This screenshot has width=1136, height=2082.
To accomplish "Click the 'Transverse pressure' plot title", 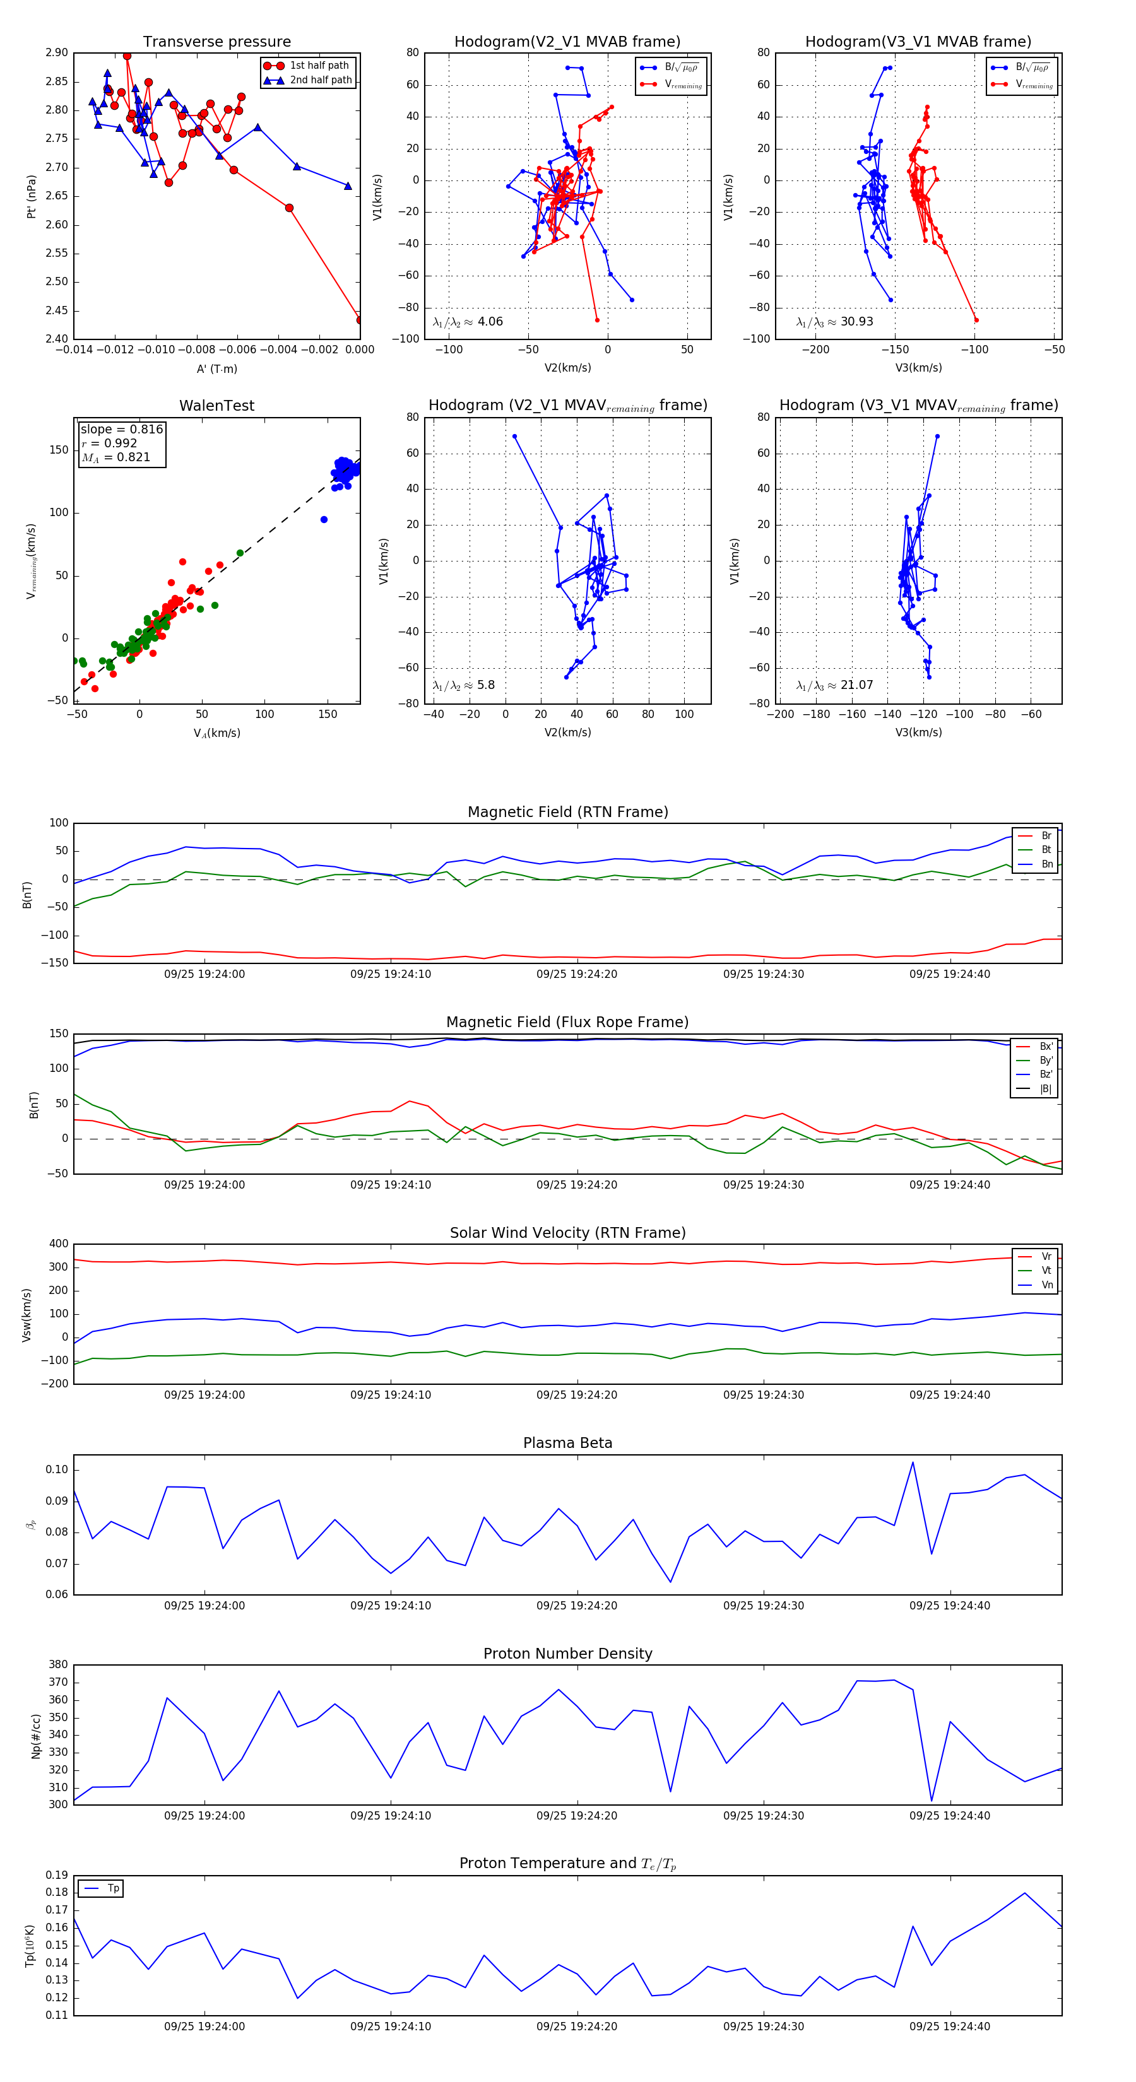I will pyautogui.click(x=216, y=42).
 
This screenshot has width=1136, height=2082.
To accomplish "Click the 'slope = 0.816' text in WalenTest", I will pyautogui.click(x=121, y=429).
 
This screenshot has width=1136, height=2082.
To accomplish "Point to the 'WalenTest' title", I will pyautogui.click(x=216, y=406).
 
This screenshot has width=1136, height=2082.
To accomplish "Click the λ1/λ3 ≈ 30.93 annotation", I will pyautogui.click(x=834, y=322).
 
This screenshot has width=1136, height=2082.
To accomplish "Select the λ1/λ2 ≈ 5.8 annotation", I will pyautogui.click(x=463, y=685).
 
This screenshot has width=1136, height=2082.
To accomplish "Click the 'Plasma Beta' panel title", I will pyautogui.click(x=567, y=1443).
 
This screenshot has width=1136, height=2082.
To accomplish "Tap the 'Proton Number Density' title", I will pyautogui.click(x=567, y=1654).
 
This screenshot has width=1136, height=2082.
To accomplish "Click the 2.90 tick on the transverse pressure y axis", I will pyautogui.click(x=57, y=52).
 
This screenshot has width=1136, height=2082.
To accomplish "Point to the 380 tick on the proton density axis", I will pyautogui.click(x=58, y=1664).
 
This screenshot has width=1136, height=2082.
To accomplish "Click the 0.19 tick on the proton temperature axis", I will pyautogui.click(x=57, y=1875).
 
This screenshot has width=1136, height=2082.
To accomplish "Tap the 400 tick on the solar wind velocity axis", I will pyautogui.click(x=58, y=1244).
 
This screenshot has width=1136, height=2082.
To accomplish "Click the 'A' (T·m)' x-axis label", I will pyautogui.click(x=216, y=368).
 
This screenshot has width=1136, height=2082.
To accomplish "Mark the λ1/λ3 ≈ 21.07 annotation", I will pyautogui.click(x=834, y=685).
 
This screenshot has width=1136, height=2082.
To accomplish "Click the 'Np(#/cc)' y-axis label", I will pyautogui.click(x=35, y=1735).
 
